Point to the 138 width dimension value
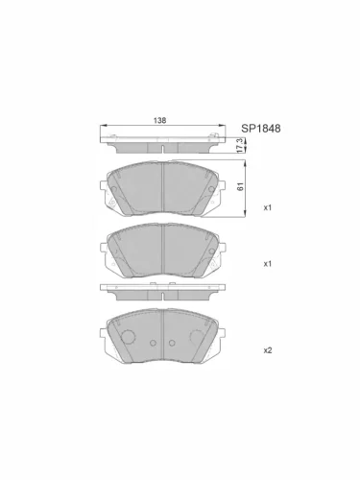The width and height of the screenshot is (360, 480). (x=160, y=120)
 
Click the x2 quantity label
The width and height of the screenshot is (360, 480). (x=269, y=350)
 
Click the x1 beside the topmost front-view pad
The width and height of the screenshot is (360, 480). (x=269, y=207)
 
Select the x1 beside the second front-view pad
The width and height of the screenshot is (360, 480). (x=269, y=263)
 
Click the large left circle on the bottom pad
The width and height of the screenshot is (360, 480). (x=125, y=337)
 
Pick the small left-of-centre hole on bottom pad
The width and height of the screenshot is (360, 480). (x=151, y=343)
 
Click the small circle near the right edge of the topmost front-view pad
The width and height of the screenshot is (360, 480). (x=218, y=203)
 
